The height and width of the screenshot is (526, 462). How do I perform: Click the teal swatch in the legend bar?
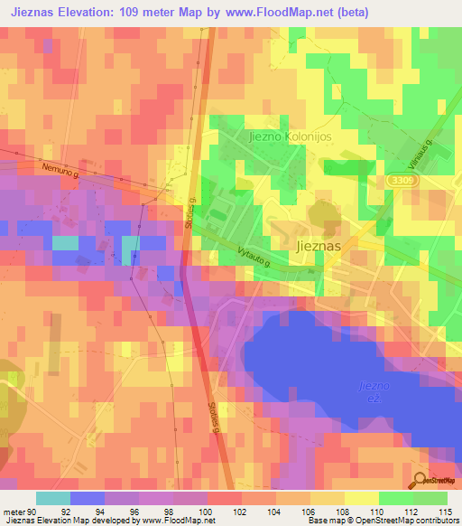(x=52, y=498)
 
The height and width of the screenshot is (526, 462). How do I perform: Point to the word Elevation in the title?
(x=91, y=10)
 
